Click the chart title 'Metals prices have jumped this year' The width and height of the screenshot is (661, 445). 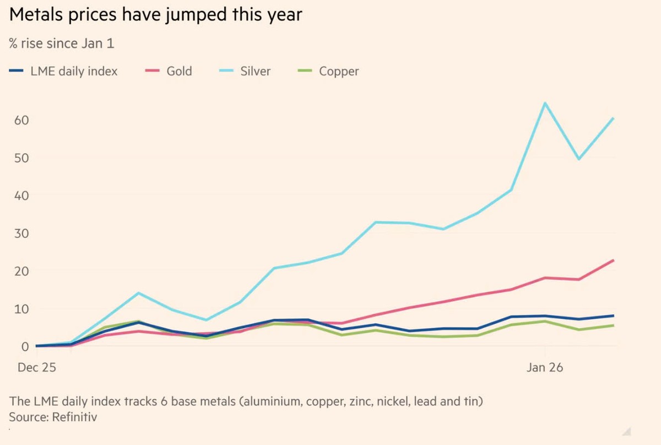point(155,15)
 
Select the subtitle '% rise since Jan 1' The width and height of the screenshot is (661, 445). point(62,44)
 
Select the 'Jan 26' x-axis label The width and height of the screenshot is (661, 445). point(544,367)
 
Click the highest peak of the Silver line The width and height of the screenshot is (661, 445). point(545,103)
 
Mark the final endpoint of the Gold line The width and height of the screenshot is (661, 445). point(613,260)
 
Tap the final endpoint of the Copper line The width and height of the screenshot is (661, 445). point(613,325)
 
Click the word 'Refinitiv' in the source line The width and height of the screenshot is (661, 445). point(74,417)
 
